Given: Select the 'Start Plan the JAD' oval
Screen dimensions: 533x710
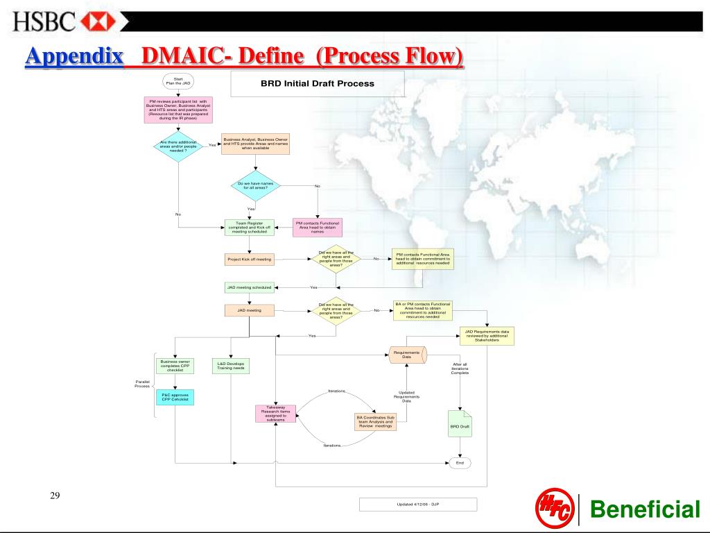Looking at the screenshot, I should click(x=178, y=81).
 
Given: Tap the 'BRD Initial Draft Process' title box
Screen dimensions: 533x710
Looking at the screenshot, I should click(x=317, y=83).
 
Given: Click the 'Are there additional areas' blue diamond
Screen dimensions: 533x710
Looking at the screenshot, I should click(x=178, y=145).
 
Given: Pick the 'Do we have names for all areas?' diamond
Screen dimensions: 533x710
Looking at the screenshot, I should click(x=255, y=185).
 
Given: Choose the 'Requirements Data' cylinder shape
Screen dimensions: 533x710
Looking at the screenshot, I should click(x=406, y=355).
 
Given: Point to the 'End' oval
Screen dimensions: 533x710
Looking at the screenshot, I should click(x=459, y=462).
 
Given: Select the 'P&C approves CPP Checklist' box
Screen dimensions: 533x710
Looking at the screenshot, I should click(x=175, y=398).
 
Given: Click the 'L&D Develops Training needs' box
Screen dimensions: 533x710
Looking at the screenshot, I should click(x=230, y=365).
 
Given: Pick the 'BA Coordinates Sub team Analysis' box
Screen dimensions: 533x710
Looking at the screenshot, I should click(x=376, y=422).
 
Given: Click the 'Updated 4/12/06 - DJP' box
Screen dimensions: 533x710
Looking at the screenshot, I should click(x=417, y=505).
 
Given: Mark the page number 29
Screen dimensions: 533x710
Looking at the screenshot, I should click(x=55, y=495).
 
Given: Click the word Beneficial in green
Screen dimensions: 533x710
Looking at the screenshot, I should click(x=644, y=510).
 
